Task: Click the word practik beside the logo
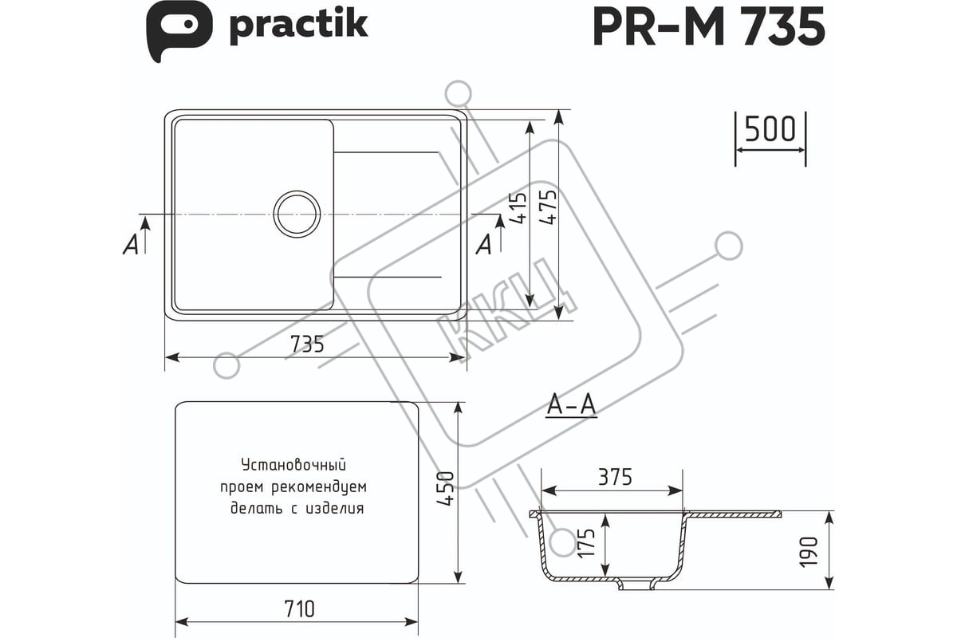click(x=298, y=25)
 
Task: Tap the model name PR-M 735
click(x=708, y=29)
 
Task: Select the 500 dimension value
click(x=770, y=128)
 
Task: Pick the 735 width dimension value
click(x=307, y=344)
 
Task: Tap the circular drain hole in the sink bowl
click(x=297, y=214)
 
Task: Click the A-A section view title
click(x=572, y=406)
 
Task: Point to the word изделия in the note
click(x=335, y=508)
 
